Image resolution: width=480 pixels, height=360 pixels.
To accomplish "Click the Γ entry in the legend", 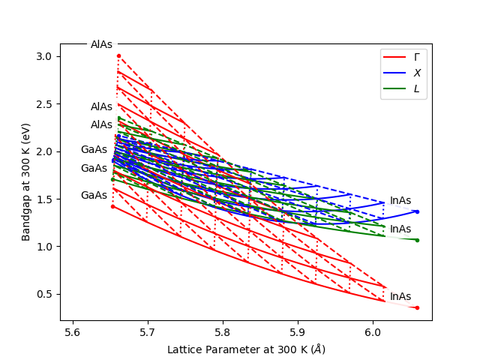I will [x=417, y=57].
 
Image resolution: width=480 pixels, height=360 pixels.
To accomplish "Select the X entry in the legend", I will [x=417, y=73].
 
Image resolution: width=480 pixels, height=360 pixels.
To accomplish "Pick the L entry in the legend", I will [x=417, y=88].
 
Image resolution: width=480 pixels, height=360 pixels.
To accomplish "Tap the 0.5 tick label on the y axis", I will [x=44, y=294].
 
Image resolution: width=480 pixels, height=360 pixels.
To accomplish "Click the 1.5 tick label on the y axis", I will [x=44, y=199].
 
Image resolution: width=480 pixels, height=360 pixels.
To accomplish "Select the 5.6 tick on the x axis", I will [x=72, y=321].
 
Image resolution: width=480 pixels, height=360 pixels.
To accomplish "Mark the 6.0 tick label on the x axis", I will [x=373, y=331].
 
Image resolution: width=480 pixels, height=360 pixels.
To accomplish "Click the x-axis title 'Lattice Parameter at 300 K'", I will [x=246, y=349].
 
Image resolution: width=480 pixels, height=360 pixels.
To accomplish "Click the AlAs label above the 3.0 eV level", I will [x=101, y=44].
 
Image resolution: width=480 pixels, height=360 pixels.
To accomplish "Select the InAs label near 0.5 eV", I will [x=400, y=296].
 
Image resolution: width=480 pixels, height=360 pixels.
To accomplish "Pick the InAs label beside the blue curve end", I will [x=400, y=200].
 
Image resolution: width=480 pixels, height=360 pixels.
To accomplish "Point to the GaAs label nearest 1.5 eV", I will [x=94, y=195].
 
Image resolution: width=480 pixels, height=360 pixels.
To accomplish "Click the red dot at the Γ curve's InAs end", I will [x=417, y=307].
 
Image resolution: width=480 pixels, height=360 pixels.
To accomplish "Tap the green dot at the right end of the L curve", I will [x=417, y=240].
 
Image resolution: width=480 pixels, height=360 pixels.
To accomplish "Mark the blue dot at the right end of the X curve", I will [x=417, y=211].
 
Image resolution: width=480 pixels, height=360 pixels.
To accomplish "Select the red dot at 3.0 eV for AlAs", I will [x=118, y=55].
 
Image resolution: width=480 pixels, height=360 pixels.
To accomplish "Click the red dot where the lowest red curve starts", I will [x=112, y=206].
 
